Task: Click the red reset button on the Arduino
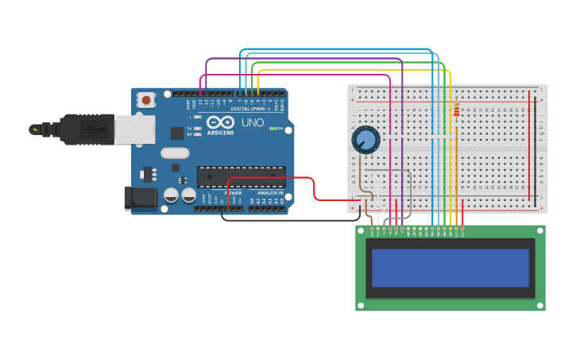pyautogui.click(x=146, y=100)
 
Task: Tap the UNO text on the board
pyautogui.click(x=252, y=122)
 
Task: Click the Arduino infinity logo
pyautogui.click(x=221, y=122)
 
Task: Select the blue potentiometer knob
pyautogui.click(x=365, y=140)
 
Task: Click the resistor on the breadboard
pyautogui.click(x=456, y=110)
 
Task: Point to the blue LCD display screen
pyautogui.click(x=450, y=268)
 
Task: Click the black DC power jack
pyautogui.click(x=140, y=199)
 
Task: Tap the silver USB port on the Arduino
pyautogui.click(x=135, y=129)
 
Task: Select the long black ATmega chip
pyautogui.click(x=241, y=177)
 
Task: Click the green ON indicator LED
pyautogui.click(x=271, y=128)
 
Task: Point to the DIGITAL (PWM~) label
pyautogui.click(x=252, y=108)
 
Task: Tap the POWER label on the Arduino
pyautogui.click(x=233, y=193)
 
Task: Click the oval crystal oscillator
pyautogui.click(x=175, y=153)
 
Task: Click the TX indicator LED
pyautogui.click(x=198, y=128)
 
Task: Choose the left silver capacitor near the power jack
pyautogui.click(x=171, y=195)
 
